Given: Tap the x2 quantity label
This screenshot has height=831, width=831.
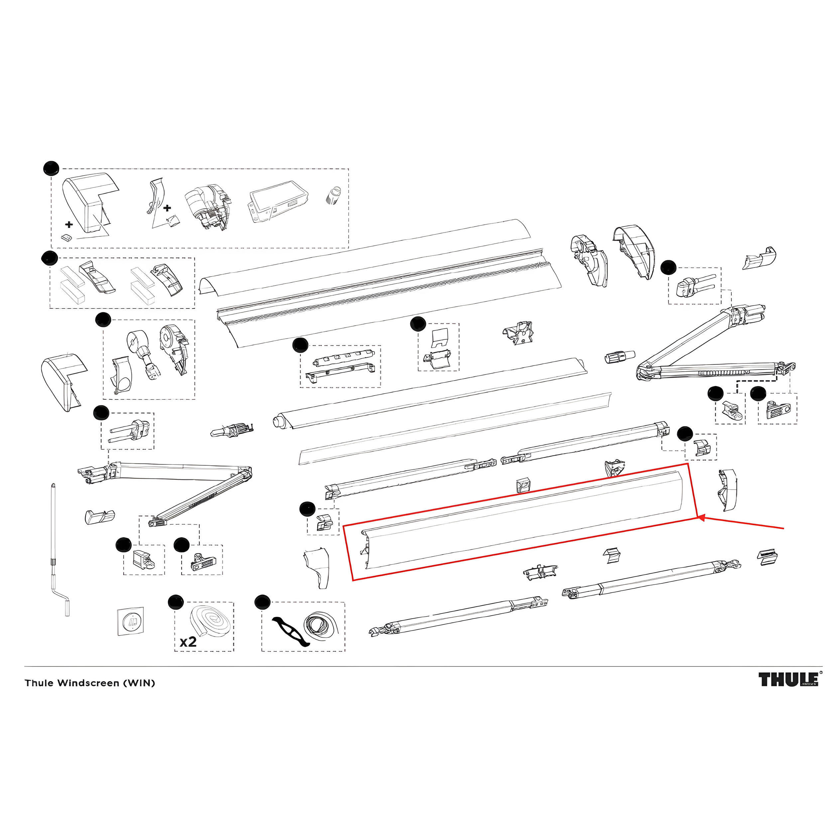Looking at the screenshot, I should pos(188,642).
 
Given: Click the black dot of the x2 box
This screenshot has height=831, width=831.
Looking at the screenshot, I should pos(175,602).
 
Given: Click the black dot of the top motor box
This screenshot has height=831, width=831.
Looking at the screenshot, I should pos(51,168).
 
